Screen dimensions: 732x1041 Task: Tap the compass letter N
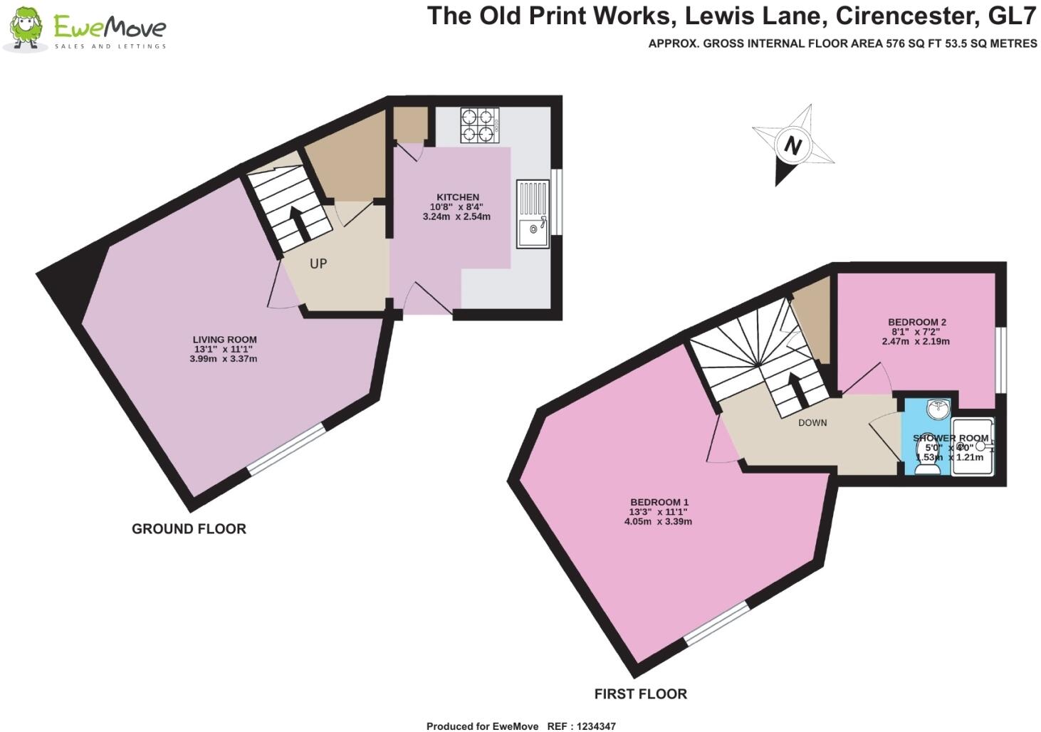click(792, 146)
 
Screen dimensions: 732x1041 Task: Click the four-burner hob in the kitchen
click(479, 125)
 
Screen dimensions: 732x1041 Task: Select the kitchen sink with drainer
click(533, 213)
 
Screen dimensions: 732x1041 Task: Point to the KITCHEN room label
click(458, 197)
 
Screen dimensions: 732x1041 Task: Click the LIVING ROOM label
click(225, 340)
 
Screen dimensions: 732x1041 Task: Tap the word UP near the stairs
click(318, 263)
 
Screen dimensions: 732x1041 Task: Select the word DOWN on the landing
click(812, 422)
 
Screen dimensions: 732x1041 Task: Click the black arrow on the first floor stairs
click(793, 389)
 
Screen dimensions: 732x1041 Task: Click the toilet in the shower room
click(928, 466)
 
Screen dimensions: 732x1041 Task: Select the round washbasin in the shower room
click(937, 409)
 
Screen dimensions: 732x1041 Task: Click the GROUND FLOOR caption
click(189, 529)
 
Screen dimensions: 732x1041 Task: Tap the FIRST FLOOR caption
click(641, 694)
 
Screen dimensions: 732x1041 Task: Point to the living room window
click(286, 449)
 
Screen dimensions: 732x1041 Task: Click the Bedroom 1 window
click(716, 624)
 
